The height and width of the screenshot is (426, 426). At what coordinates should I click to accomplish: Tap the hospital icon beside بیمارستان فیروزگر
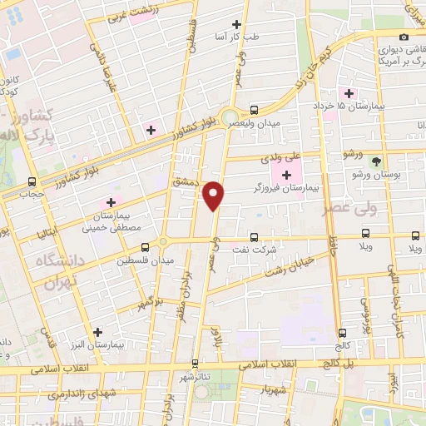point(287,175)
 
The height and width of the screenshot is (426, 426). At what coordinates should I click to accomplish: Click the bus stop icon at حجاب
point(32,181)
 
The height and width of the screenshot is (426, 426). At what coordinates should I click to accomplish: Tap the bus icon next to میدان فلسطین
point(146,247)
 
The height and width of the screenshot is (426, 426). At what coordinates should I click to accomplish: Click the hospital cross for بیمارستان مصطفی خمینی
point(111,201)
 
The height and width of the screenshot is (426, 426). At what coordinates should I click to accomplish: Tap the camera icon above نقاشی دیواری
point(404,36)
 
